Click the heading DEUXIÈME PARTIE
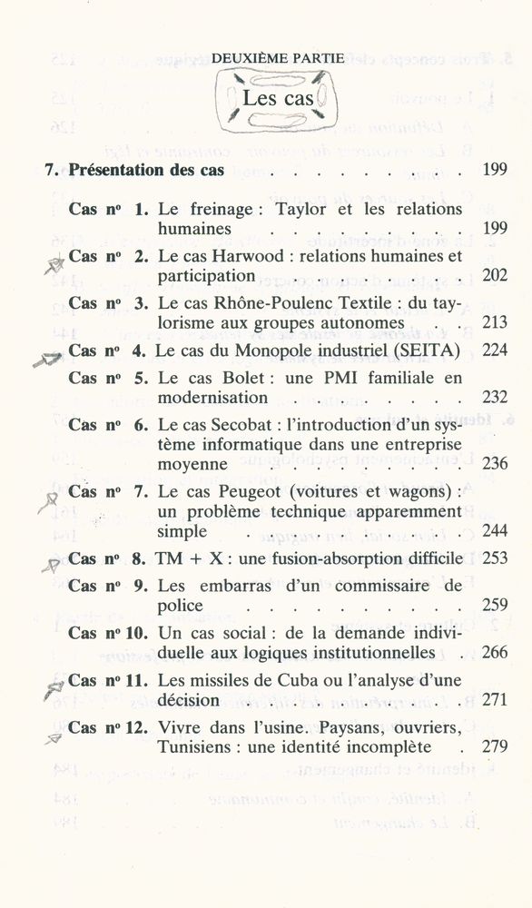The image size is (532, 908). tap(277, 59)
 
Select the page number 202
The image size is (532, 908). tap(495, 275)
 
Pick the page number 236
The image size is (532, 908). tap(495, 463)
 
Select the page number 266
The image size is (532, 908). tap(495, 652)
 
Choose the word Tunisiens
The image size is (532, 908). tap(200, 747)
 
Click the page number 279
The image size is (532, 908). tap(495, 747)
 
